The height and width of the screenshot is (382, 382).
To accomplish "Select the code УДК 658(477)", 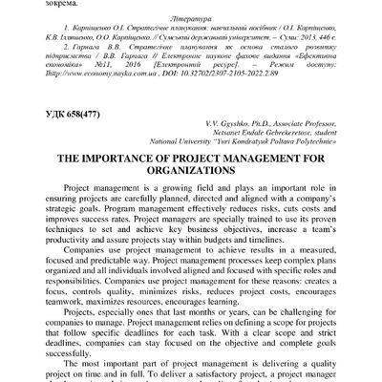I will pos(82,142).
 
